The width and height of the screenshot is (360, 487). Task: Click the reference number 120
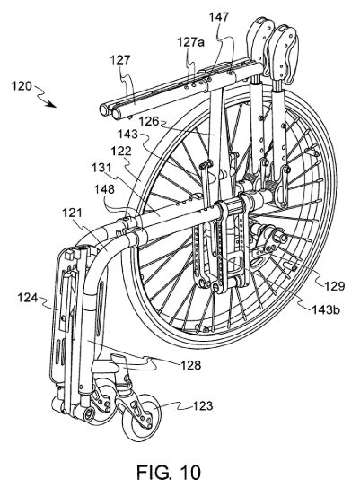tap(22, 86)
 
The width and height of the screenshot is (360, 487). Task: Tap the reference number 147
tap(219, 17)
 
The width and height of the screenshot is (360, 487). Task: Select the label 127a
tap(191, 42)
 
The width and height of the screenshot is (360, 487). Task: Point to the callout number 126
tap(149, 121)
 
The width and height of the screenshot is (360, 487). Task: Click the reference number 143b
tap(326, 309)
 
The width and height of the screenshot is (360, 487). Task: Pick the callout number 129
tap(335, 286)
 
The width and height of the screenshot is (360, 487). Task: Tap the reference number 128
tap(191, 365)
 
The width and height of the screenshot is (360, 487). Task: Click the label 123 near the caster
tap(203, 405)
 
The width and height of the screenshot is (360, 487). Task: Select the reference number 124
tap(27, 298)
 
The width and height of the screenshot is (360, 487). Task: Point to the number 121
tap(73, 213)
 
